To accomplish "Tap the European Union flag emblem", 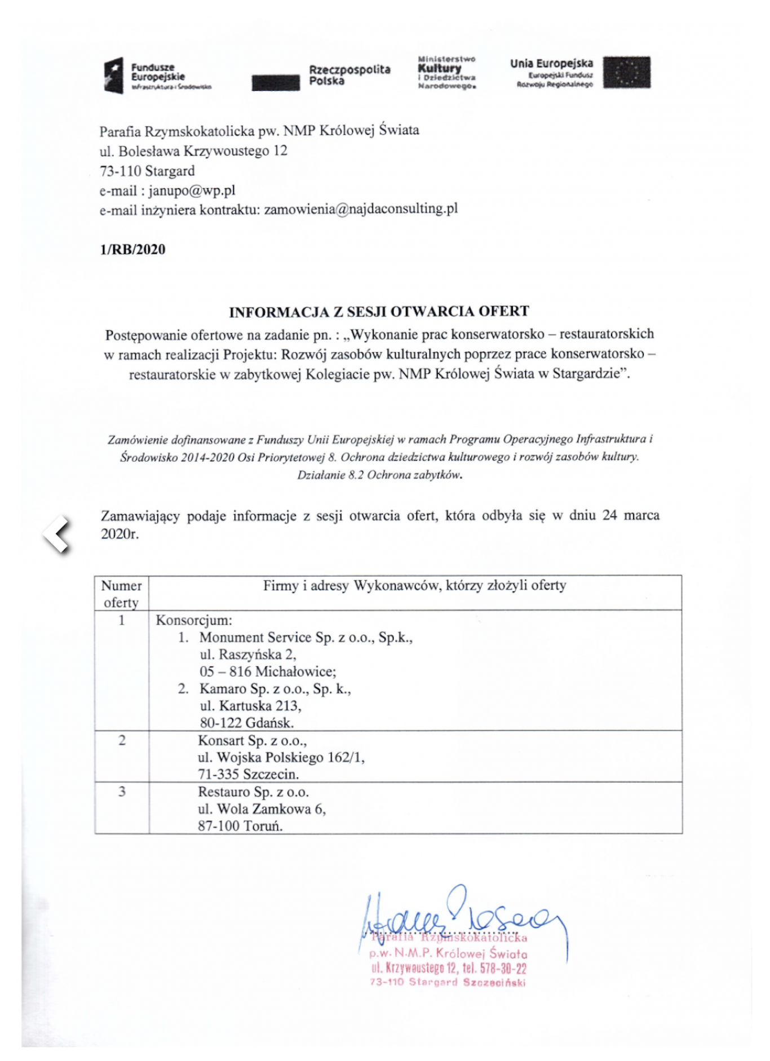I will point(626,73).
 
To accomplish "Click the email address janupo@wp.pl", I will point(192,191).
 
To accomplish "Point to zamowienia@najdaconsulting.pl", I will point(361,209).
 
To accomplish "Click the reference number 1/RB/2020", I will point(132,250).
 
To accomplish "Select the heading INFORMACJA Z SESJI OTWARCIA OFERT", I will point(379,312).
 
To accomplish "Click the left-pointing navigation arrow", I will point(57,534).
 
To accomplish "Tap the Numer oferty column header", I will point(121,594).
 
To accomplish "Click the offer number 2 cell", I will point(122,740).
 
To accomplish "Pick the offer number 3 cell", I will point(122,792).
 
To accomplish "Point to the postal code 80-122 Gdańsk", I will point(246,723).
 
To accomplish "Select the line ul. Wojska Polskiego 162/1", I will point(281,757).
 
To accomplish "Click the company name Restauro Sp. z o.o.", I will point(253,792).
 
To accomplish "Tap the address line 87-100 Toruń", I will point(240,826).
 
